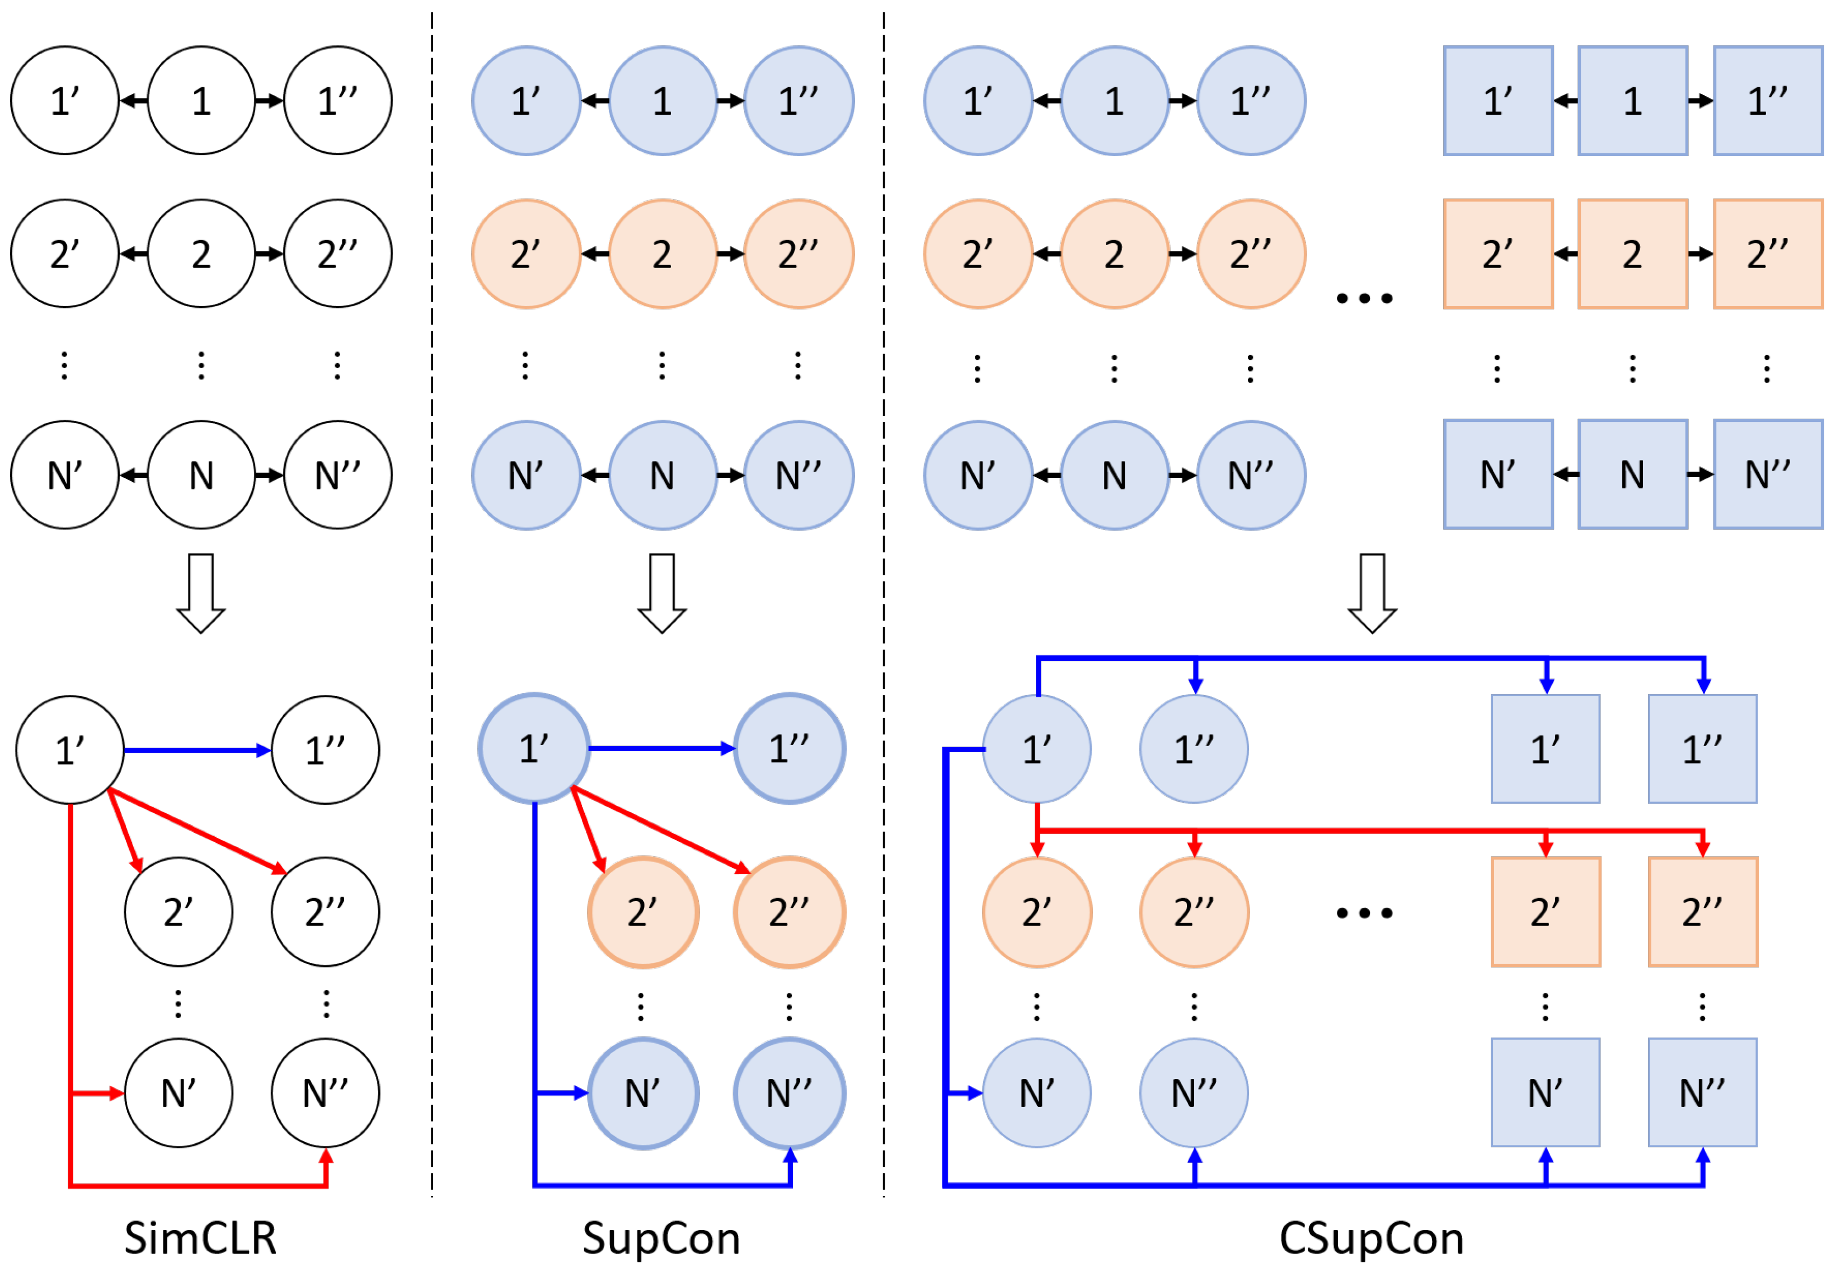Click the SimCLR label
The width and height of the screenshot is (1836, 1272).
(x=200, y=1238)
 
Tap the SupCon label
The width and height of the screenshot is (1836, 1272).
(x=661, y=1238)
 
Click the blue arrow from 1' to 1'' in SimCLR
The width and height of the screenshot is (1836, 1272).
(x=197, y=750)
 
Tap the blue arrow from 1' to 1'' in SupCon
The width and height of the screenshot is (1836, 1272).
(x=661, y=748)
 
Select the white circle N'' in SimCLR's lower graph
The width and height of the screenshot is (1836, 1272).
(x=325, y=1093)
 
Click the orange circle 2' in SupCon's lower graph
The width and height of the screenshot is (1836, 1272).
(x=642, y=912)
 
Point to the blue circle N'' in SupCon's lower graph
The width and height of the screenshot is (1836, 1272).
(x=789, y=1093)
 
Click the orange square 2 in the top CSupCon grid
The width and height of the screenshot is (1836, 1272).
(x=1632, y=254)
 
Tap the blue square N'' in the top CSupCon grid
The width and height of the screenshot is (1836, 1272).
(x=1768, y=474)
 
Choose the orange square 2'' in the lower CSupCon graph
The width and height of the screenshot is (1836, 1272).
(x=1702, y=912)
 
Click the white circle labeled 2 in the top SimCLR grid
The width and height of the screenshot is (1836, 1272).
(x=201, y=254)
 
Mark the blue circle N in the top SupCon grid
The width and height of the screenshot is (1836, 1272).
(x=661, y=475)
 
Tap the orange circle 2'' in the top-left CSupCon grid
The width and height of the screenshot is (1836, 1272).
(x=1250, y=254)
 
